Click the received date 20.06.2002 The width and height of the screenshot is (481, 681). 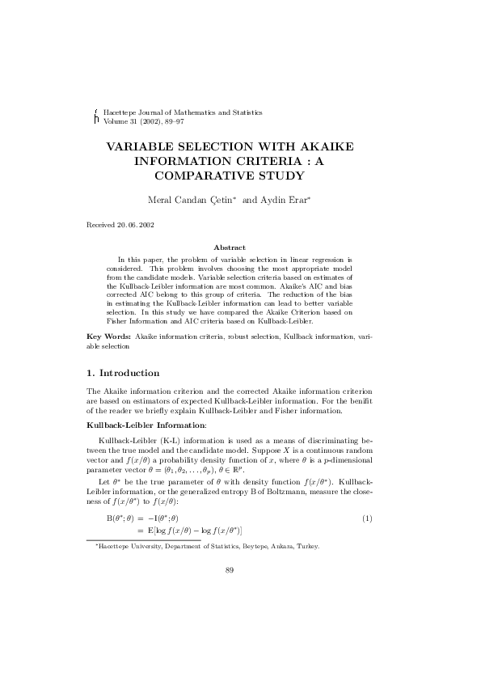click(x=137, y=224)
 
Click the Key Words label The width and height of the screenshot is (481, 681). click(x=108, y=334)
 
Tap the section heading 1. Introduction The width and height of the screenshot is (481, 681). click(x=123, y=373)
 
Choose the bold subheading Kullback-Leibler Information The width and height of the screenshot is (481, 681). click(x=146, y=425)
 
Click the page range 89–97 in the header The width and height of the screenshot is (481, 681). click(x=184, y=120)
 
